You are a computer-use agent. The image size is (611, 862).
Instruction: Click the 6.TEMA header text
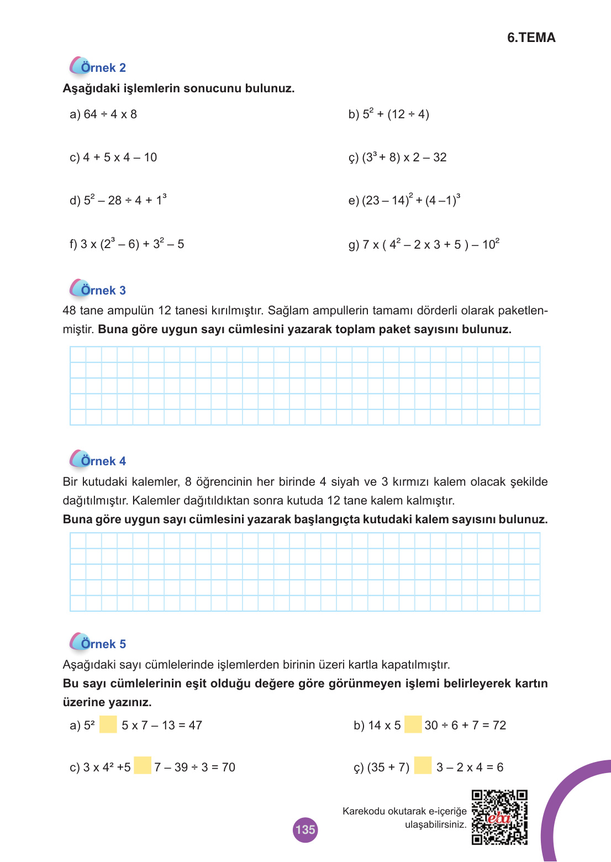click(531, 38)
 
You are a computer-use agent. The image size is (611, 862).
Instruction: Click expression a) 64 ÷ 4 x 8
click(103, 114)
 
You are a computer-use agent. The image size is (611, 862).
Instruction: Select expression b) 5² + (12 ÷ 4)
click(388, 114)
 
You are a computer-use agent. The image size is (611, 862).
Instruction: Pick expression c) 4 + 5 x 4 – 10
click(113, 157)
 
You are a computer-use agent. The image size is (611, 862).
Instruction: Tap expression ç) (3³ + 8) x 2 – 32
click(397, 157)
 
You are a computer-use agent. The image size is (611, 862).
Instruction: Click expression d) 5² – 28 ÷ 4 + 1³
click(118, 200)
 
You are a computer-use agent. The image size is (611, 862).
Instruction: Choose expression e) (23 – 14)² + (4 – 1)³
click(404, 200)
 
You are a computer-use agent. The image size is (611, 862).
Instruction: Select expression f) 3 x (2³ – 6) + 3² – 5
click(127, 244)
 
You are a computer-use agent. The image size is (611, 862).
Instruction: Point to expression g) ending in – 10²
click(424, 244)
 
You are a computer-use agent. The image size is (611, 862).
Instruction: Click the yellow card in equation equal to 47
click(108, 724)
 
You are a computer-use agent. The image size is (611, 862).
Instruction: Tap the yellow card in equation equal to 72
click(413, 724)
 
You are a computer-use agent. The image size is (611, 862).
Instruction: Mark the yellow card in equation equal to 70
click(143, 766)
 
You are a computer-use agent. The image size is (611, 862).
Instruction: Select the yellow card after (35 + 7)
click(423, 766)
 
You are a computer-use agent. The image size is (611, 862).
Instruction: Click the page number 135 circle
click(305, 829)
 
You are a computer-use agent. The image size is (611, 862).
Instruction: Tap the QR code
click(499, 817)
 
